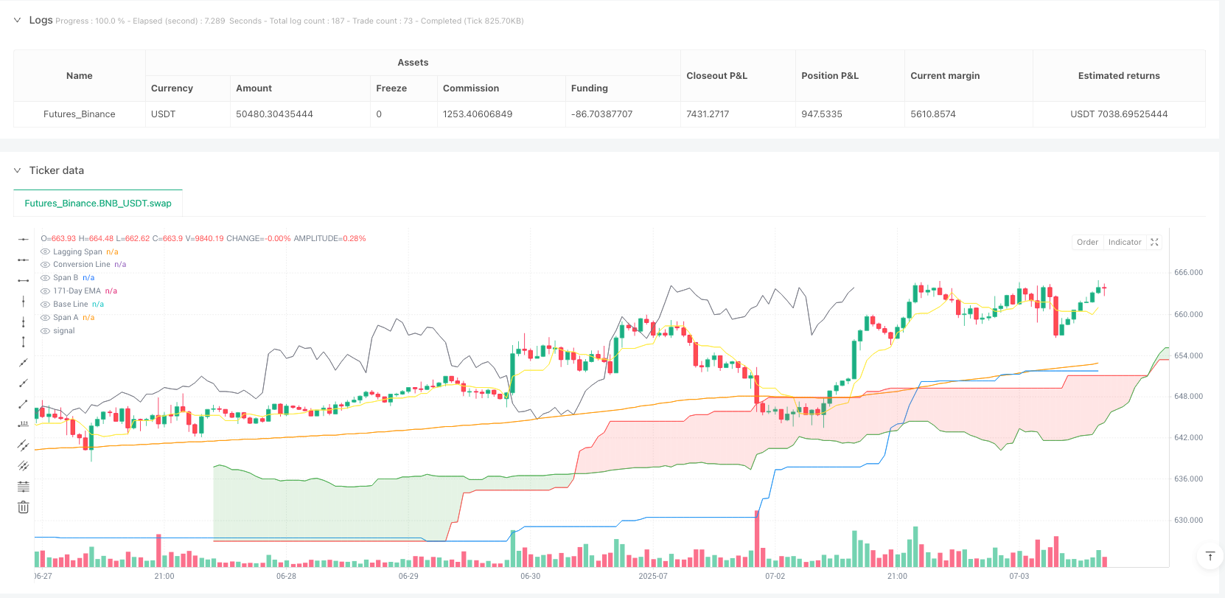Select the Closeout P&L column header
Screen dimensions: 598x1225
[x=716, y=76]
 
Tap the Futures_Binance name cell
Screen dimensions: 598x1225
[x=80, y=114]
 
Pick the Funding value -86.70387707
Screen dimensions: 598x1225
[x=601, y=114]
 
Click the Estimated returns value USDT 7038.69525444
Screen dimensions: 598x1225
[x=1118, y=114]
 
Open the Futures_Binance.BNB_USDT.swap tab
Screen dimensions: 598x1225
[x=98, y=204]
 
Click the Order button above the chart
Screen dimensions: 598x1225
[x=1087, y=242]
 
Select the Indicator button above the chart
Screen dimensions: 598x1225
[x=1124, y=242]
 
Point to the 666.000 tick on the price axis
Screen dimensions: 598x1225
[x=1188, y=273]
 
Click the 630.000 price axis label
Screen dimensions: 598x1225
[x=1188, y=521]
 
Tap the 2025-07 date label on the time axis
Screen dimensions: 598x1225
[x=652, y=576]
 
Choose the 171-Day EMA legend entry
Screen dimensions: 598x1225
[x=77, y=291]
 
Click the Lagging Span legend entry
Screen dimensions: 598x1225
[x=77, y=252]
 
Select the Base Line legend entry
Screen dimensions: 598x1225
[x=70, y=305]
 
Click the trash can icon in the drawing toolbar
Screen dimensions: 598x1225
[x=24, y=507]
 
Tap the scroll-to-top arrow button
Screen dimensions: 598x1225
[x=1210, y=556]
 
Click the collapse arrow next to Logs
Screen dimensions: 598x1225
[x=17, y=21]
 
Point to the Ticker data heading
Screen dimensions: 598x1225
[x=57, y=170]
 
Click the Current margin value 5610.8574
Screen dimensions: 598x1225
[x=932, y=114]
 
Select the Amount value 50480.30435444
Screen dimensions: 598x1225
[x=274, y=114]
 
